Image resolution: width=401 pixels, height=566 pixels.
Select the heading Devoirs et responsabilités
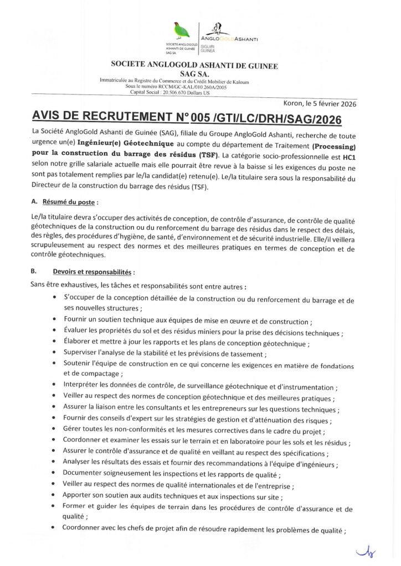(92, 272)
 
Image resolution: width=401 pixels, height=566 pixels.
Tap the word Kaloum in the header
(238, 82)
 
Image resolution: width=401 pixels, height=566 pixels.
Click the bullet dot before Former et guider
(53, 506)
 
